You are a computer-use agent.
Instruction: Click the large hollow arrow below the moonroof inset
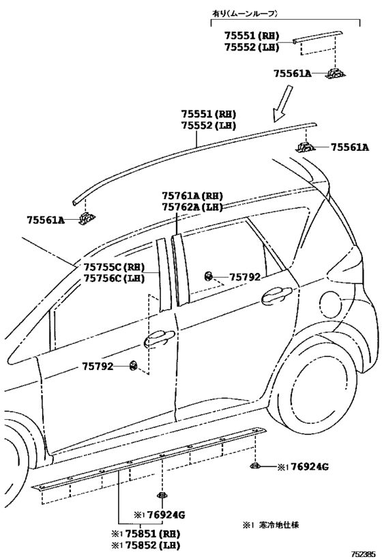[x=282, y=104]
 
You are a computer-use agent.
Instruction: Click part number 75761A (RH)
[x=192, y=196]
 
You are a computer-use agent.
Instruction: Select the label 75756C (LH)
[x=115, y=278]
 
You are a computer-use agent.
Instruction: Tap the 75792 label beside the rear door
[x=244, y=276]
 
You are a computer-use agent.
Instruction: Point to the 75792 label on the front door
[x=98, y=366]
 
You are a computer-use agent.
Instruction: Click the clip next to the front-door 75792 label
[x=134, y=365]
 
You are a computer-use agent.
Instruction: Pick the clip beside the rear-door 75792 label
[x=209, y=276]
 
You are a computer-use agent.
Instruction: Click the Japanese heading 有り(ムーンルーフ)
[x=245, y=14]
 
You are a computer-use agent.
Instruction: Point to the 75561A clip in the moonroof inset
[x=336, y=73]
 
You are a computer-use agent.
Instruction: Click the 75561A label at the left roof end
[x=46, y=220]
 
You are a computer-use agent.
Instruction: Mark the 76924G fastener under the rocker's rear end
[x=254, y=465]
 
